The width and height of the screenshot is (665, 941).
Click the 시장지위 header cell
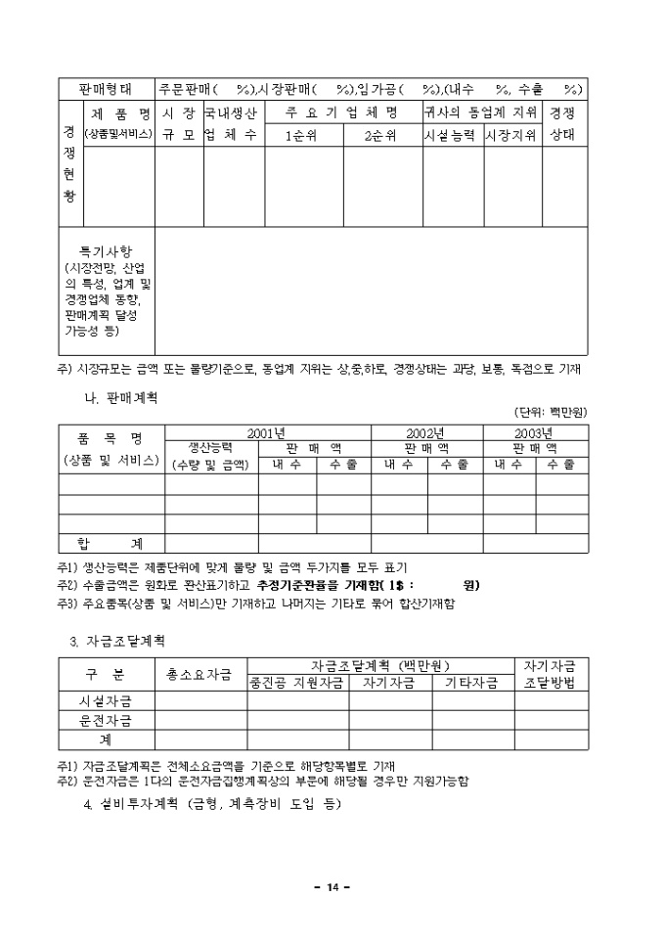(511, 136)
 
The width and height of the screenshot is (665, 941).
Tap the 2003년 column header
(535, 432)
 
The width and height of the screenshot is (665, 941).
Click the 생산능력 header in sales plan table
(210, 447)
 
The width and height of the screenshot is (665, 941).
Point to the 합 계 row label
(111, 543)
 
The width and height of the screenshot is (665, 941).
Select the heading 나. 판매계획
(122, 399)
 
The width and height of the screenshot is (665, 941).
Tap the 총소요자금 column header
(199, 674)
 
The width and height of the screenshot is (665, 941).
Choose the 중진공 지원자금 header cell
(297, 682)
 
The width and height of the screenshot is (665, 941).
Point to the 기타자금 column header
(472, 682)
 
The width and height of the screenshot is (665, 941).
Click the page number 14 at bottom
(332, 886)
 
